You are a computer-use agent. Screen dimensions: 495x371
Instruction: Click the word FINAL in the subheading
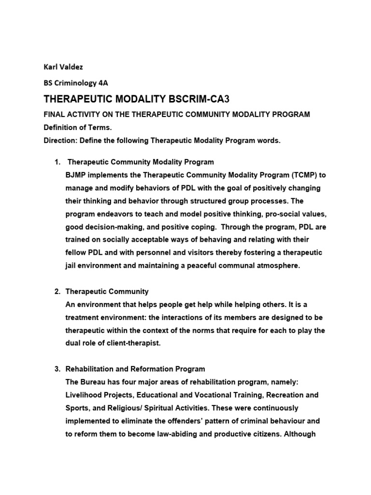pos(55,115)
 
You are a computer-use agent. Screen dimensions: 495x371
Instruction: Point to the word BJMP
pos(75,175)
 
